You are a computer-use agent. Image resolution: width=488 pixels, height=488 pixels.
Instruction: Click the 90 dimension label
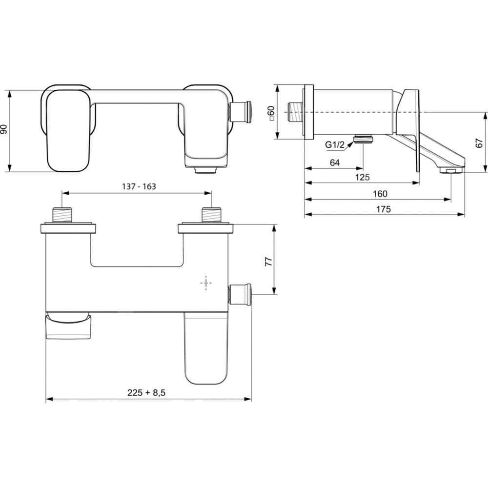coord(4,129)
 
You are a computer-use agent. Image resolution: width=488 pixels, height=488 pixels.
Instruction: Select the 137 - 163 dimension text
coord(139,186)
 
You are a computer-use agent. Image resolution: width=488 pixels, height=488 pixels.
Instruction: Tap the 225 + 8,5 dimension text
coord(146,393)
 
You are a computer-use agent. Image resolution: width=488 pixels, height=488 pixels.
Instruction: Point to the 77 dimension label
coord(268,261)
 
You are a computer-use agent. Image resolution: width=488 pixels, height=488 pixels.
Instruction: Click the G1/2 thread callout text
coord(335,145)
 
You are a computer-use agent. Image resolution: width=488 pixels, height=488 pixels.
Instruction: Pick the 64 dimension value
coord(335,163)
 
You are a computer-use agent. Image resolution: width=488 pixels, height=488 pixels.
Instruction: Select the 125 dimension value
coord(363,178)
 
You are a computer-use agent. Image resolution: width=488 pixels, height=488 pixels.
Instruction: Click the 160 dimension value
coord(380,194)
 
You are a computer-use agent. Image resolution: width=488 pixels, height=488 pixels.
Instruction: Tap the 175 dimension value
coord(384,209)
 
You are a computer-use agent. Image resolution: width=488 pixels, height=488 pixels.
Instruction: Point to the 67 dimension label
coord(479,143)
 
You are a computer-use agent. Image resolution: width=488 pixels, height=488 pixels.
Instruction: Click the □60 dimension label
coord(271,113)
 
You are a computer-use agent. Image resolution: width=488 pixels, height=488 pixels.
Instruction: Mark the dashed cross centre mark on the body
coord(206,283)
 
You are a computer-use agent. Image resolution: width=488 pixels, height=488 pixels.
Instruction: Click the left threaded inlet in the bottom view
coord(62,215)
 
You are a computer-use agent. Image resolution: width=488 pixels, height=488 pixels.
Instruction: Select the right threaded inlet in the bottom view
coord(211,215)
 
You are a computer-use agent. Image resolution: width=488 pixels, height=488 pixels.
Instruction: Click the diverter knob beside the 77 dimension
coord(241,294)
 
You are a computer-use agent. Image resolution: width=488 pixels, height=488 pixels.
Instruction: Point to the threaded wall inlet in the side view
coord(296,112)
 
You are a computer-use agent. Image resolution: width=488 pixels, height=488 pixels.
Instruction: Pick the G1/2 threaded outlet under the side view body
coord(363,139)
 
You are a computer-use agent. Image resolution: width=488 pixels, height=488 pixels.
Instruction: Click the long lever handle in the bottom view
coord(206,348)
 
